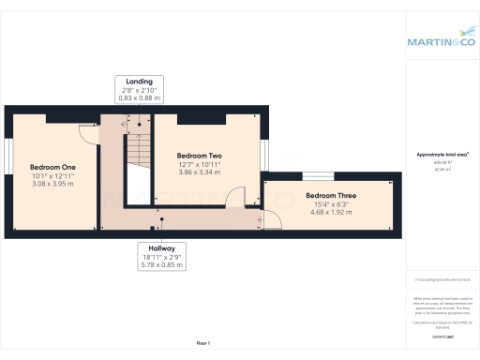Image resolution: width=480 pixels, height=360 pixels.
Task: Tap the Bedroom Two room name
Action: pyautogui.click(x=198, y=155)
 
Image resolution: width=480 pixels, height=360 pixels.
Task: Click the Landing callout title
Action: pyautogui.click(x=139, y=81)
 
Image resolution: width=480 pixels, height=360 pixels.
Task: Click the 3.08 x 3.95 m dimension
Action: pyautogui.click(x=52, y=184)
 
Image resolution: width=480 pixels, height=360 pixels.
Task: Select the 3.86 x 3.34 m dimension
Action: pyautogui.click(x=198, y=172)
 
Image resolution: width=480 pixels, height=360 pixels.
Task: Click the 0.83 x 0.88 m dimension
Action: pyautogui.click(x=139, y=97)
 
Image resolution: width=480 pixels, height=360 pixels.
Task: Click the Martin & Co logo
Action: pyautogui.click(x=441, y=41)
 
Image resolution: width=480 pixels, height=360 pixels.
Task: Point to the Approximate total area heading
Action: pyautogui.click(x=442, y=155)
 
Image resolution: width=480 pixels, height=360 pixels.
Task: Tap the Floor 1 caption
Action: pyautogui.click(x=202, y=344)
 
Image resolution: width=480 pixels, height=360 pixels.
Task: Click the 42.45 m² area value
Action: pyautogui.click(x=442, y=170)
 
